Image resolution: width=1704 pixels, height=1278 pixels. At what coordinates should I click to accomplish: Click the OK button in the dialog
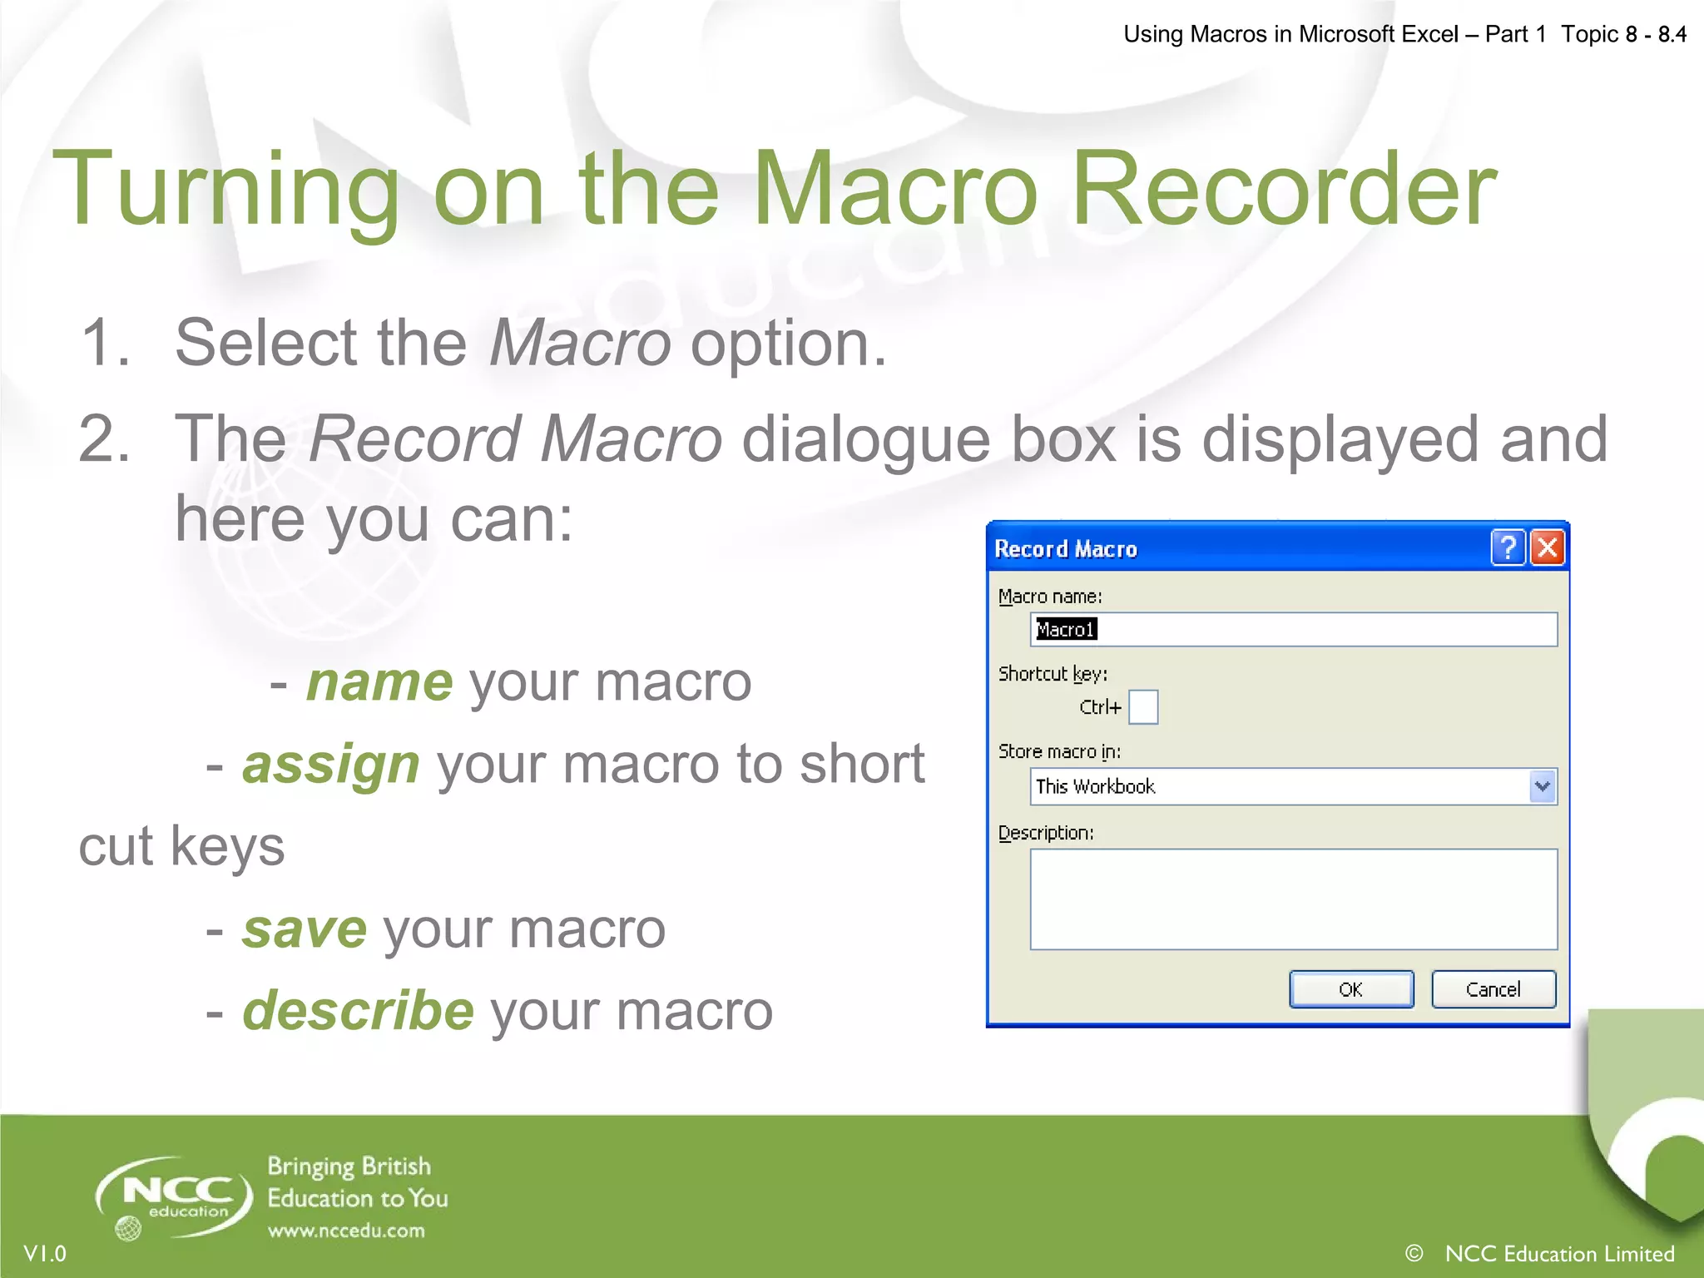tap(1350, 989)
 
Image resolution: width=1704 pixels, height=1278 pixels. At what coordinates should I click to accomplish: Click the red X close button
tap(1548, 548)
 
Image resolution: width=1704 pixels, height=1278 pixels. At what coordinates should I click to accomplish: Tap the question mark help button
tap(1508, 548)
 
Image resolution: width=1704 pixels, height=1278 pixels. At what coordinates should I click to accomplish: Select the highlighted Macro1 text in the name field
tap(1066, 630)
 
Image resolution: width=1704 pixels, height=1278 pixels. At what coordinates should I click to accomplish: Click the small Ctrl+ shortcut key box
tap(1143, 707)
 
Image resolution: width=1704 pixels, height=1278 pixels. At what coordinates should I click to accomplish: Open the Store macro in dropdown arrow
tap(1543, 786)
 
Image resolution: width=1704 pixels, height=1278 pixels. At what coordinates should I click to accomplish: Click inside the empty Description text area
tap(1293, 899)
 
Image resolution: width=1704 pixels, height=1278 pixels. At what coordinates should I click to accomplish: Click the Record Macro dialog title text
tap(1066, 549)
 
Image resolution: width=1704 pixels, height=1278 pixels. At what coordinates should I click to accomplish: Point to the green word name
tap(379, 682)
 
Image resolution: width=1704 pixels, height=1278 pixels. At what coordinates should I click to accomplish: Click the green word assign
tap(331, 764)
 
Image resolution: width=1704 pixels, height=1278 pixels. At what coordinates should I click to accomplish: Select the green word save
tap(305, 929)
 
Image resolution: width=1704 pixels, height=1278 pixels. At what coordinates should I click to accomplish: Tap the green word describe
tap(359, 1011)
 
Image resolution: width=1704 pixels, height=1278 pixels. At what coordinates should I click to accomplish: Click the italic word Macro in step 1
tap(580, 343)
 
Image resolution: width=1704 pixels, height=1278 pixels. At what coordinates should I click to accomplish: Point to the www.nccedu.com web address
tap(346, 1231)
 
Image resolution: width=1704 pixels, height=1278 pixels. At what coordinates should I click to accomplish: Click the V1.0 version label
tap(45, 1253)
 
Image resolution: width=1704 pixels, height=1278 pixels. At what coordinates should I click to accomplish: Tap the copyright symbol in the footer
tap(1414, 1253)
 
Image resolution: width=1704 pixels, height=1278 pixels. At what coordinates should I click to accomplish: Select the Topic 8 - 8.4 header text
tap(1623, 34)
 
